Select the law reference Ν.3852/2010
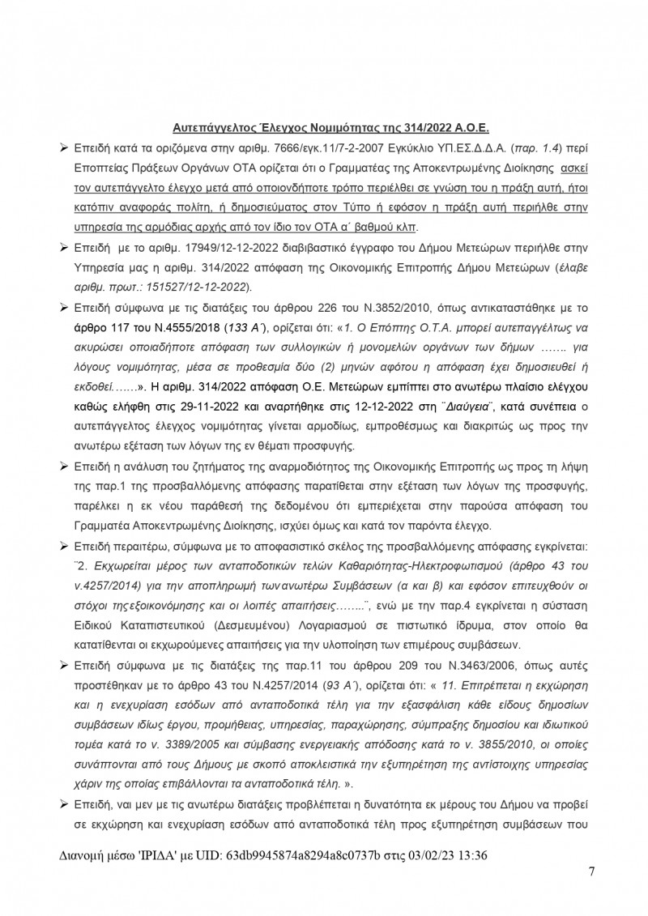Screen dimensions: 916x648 coord(387,310)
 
